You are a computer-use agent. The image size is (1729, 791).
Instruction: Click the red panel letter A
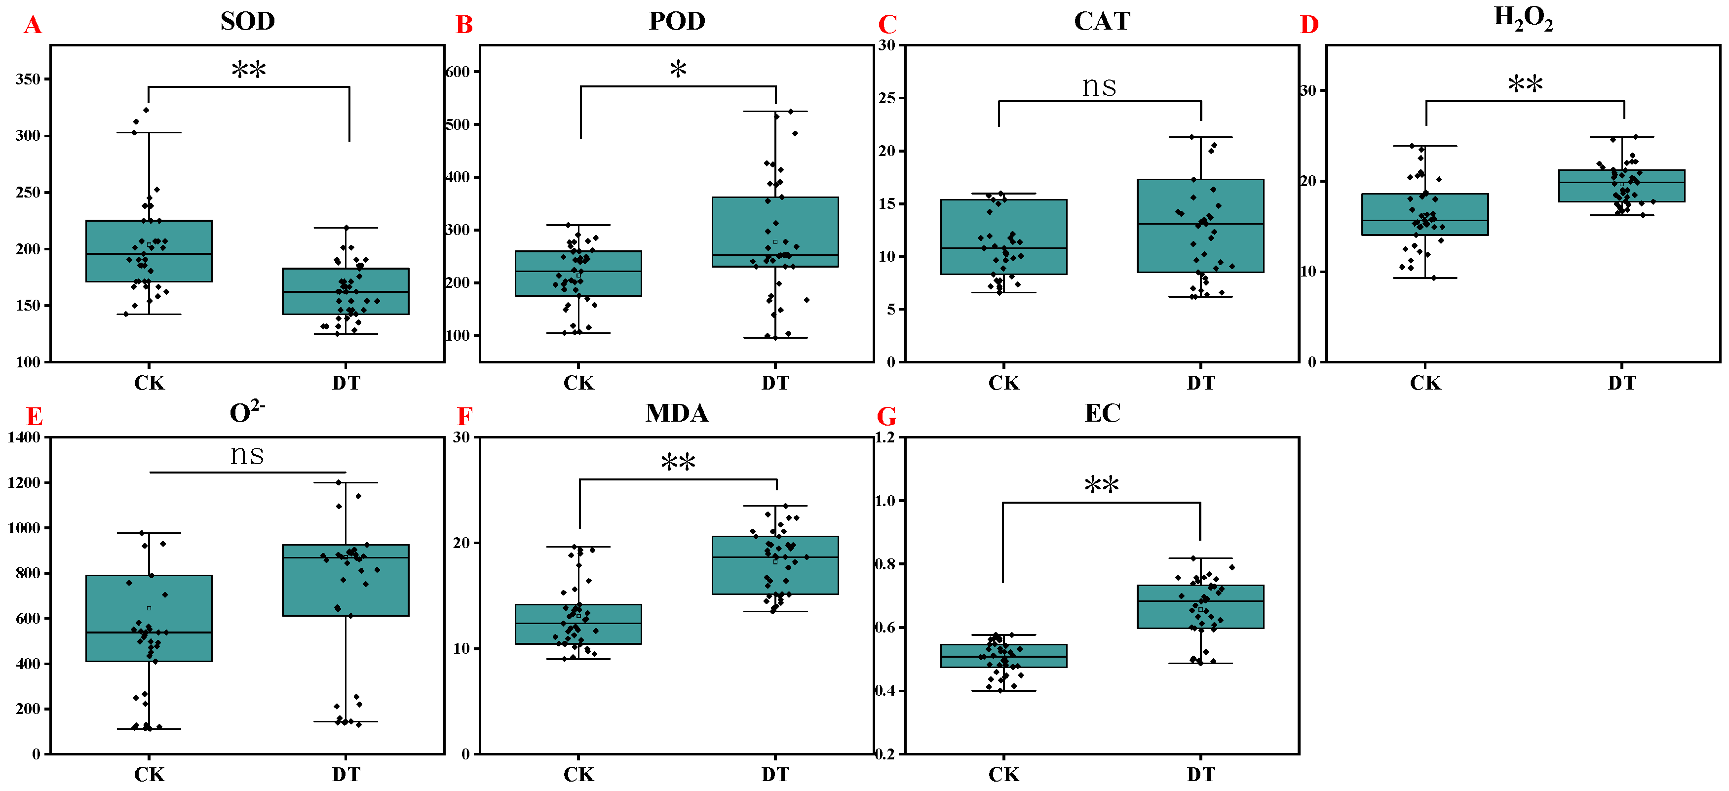tap(32, 26)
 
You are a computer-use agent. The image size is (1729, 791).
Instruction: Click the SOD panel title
tap(248, 22)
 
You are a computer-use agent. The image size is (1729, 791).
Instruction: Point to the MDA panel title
tap(677, 413)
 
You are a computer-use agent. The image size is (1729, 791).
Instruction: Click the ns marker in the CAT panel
tap(1099, 86)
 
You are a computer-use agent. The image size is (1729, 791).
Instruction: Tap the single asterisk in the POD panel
tap(678, 69)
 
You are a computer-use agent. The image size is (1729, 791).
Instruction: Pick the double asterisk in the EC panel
tap(1102, 485)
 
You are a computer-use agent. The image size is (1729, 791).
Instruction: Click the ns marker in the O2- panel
tap(247, 455)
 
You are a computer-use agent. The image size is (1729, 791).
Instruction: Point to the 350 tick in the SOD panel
tap(28, 79)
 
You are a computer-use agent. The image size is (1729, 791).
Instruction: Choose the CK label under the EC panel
tap(1003, 775)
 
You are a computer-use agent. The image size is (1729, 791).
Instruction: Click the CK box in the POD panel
tap(578, 273)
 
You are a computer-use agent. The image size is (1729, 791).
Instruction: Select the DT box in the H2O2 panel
tap(1621, 186)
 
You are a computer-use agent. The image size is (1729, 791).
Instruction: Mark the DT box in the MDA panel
tap(775, 565)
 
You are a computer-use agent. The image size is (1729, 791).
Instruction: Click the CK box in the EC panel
tap(1003, 656)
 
